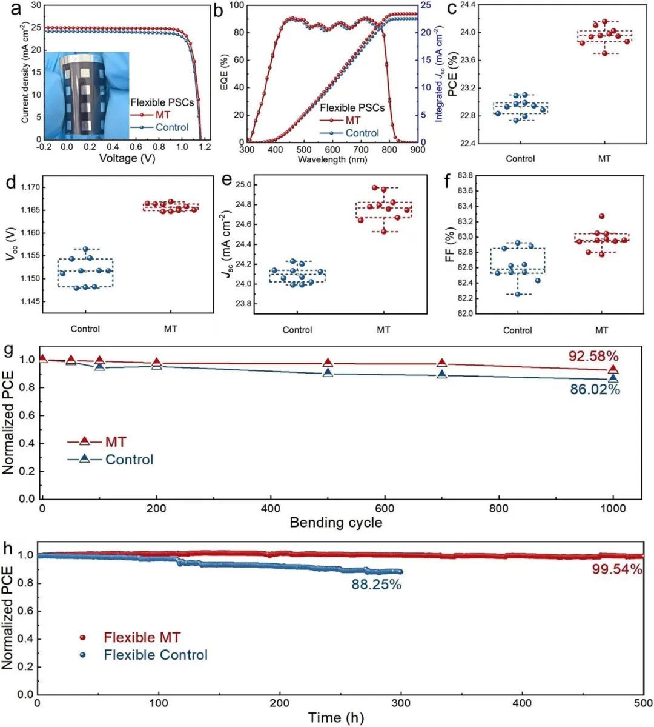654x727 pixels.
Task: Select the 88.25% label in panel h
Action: pos(377,585)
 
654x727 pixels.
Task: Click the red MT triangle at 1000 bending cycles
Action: pos(613,369)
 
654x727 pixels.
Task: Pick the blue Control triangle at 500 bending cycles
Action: pos(328,372)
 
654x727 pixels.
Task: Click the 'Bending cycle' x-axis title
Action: pos(336,522)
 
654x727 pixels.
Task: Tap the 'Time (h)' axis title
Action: pos(336,718)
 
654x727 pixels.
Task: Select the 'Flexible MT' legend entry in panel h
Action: pos(142,637)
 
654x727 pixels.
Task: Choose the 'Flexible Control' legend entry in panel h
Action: pos(155,655)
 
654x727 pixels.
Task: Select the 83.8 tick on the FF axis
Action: pos(465,176)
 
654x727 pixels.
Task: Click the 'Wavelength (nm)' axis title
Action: pos(330,159)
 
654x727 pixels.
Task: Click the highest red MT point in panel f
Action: pos(602,216)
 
